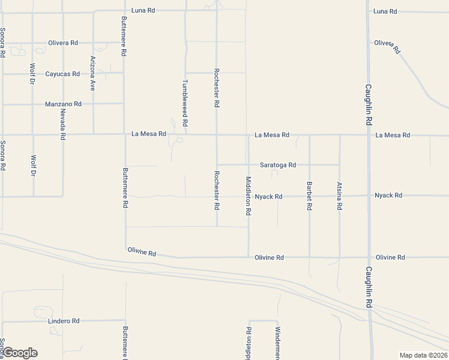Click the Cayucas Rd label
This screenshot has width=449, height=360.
(62, 74)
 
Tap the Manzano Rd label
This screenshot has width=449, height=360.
(63, 104)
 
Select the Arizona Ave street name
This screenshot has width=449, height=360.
(93, 73)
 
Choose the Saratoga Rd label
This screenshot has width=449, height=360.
(278, 165)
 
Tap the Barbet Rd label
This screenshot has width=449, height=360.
(309, 196)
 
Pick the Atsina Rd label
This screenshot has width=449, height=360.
(340, 196)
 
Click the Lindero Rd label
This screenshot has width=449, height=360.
(63, 322)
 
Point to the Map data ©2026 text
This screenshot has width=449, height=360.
(424, 355)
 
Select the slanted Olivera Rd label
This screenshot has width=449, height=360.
(387, 46)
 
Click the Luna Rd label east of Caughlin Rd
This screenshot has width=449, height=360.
(385, 11)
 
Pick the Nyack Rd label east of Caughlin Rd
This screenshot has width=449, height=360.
(388, 196)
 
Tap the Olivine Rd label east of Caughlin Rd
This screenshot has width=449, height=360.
(390, 257)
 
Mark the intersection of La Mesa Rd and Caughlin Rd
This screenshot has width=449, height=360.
(369, 135)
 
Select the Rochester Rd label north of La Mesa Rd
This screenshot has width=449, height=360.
(217, 88)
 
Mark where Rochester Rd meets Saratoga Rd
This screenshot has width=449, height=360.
(217, 164)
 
